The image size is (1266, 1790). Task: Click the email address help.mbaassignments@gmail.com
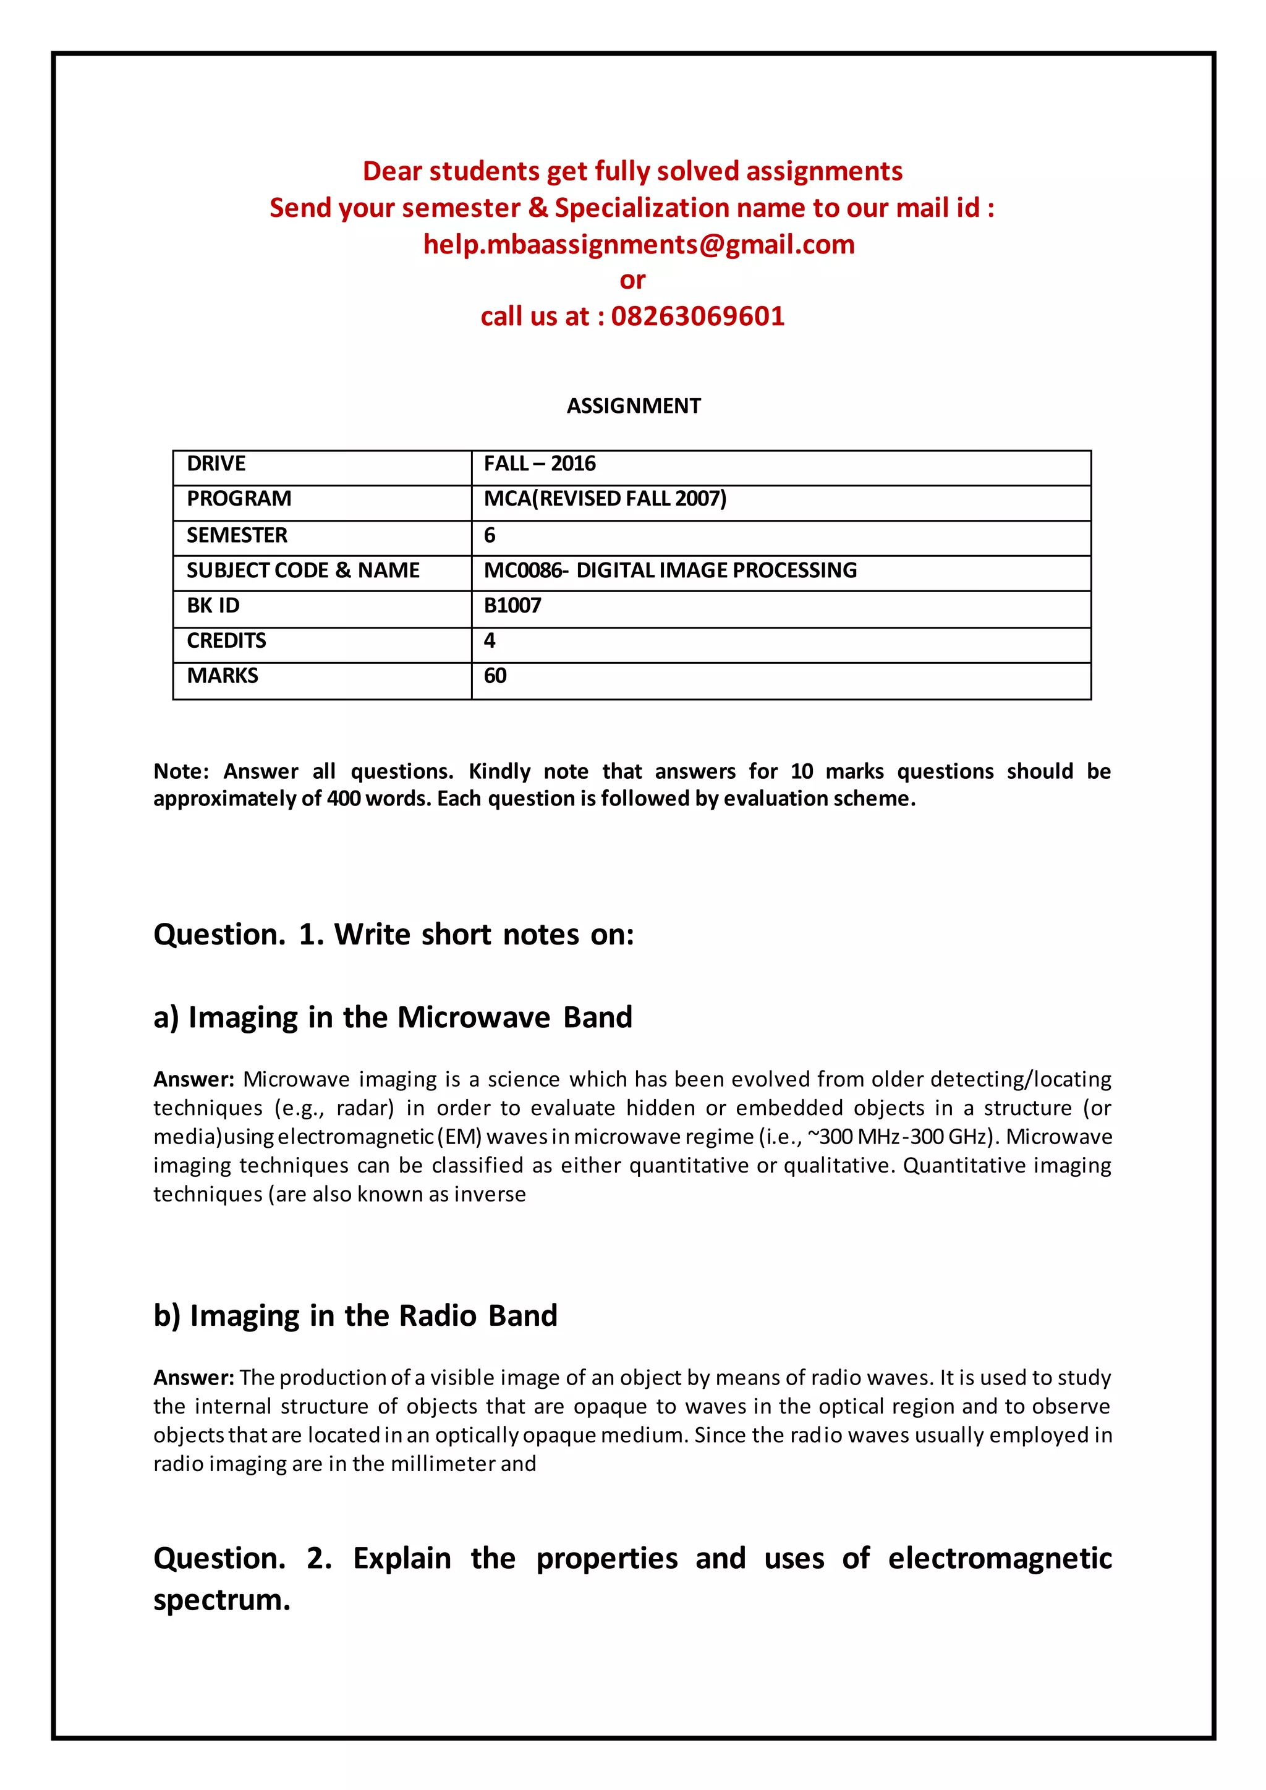[639, 245]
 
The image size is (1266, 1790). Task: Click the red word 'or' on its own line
[632, 280]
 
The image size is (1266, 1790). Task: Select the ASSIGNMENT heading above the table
[633, 406]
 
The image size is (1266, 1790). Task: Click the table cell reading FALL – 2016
[540, 464]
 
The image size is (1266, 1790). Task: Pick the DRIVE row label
[216, 464]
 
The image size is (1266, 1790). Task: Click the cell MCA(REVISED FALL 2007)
[605, 499]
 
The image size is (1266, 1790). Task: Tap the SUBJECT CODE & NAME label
[302, 571]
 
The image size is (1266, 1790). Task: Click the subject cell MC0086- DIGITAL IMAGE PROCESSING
[669, 571]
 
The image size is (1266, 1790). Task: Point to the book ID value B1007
[512, 606]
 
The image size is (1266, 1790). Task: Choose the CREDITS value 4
[490, 641]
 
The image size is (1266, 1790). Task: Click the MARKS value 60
[495, 676]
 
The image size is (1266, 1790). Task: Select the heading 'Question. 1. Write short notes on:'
[394, 935]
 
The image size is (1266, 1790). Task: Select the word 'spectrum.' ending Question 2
[222, 1600]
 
